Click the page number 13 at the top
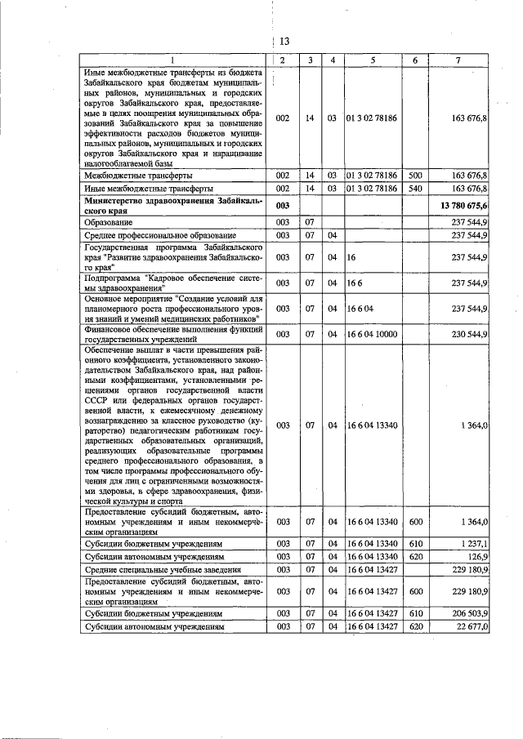pyautogui.click(x=285, y=42)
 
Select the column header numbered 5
pyautogui.click(x=372, y=60)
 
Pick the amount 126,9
pyautogui.click(x=476, y=556)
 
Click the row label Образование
pyautogui.click(x=112, y=222)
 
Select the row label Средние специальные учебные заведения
pyautogui.click(x=162, y=569)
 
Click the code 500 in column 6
pyautogui.click(x=415, y=176)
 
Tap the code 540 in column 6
pyautogui.click(x=415, y=189)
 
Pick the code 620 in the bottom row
pyautogui.click(x=415, y=626)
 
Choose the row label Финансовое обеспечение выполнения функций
pyautogui.click(x=173, y=329)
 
